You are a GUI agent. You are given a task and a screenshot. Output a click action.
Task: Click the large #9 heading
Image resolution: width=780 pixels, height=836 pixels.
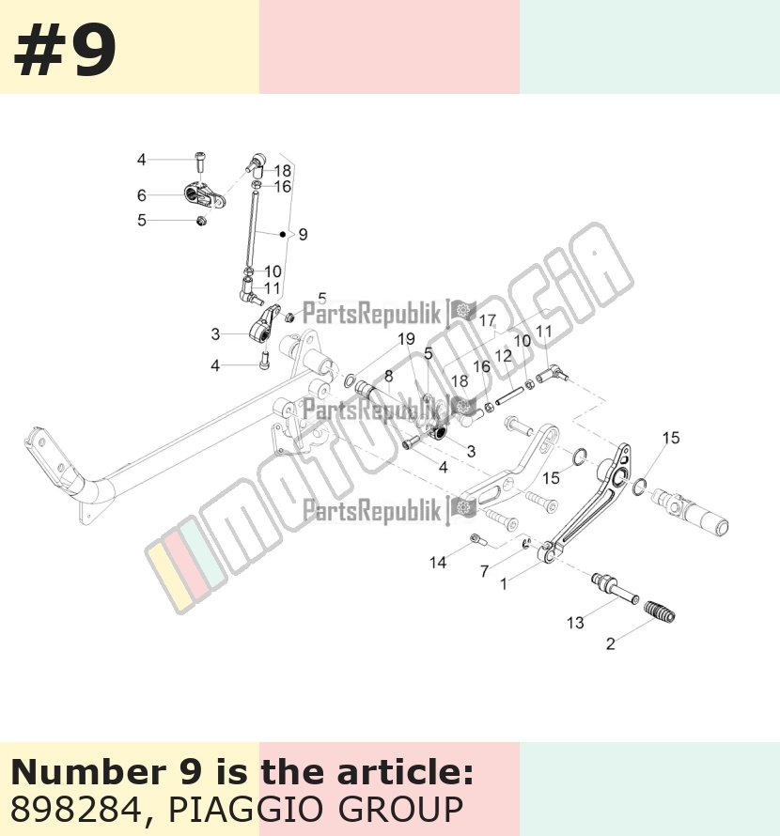point(64,52)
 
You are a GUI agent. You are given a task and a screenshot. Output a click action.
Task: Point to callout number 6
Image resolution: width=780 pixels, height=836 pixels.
point(141,195)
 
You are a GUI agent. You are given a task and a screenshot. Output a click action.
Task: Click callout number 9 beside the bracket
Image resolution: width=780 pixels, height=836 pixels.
point(303,234)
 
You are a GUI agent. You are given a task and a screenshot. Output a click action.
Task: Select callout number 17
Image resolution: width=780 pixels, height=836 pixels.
point(487,320)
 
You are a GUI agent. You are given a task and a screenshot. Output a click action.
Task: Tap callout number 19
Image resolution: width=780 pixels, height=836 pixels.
point(406,338)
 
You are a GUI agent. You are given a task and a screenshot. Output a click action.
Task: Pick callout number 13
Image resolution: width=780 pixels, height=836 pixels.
point(575,622)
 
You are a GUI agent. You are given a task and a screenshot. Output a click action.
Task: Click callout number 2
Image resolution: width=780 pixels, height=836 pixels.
point(611,643)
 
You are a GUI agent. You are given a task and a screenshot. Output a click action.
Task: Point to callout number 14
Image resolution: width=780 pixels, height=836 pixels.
point(438,562)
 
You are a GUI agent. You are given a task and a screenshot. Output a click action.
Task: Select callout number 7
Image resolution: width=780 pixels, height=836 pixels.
point(484,571)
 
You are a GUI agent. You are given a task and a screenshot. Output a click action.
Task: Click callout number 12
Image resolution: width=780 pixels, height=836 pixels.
point(503,356)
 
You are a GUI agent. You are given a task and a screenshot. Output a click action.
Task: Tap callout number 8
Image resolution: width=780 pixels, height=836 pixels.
point(388,376)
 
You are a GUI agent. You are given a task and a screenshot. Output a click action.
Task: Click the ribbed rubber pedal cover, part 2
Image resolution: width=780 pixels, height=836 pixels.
point(660,612)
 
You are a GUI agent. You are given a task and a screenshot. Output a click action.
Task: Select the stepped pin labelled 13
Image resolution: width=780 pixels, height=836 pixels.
point(614,587)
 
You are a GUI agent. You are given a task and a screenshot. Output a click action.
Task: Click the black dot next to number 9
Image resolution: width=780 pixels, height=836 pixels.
point(283,234)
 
